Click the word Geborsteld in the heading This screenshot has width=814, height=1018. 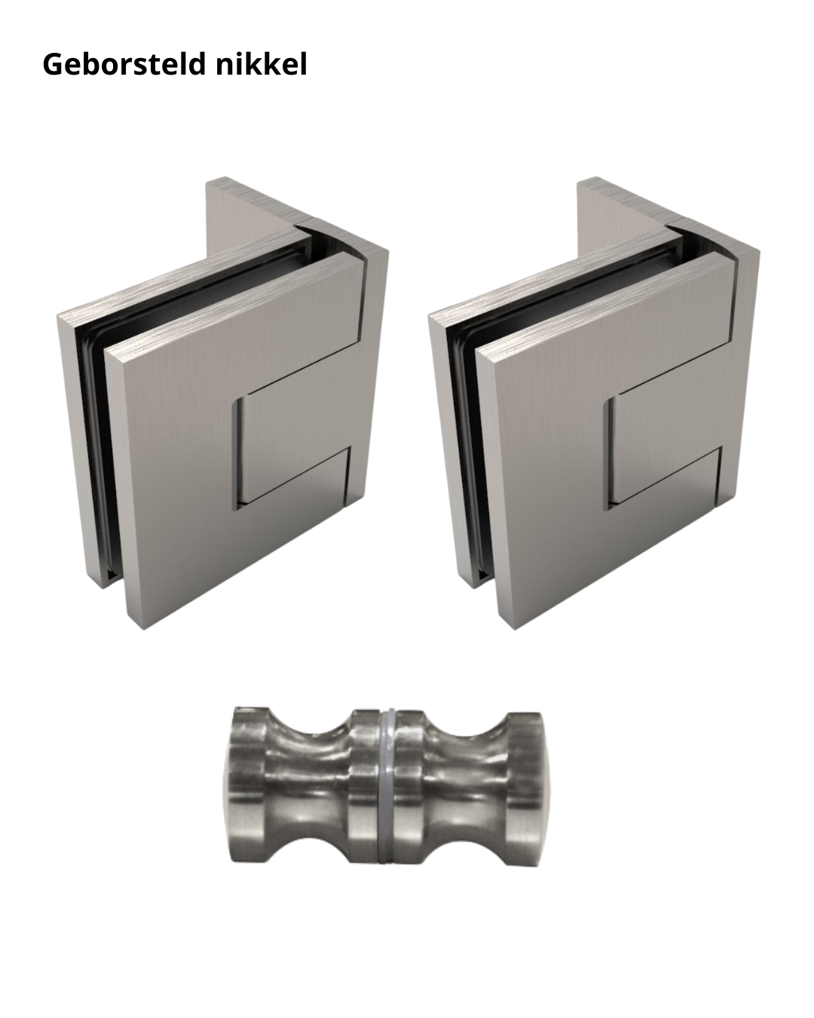click(125, 66)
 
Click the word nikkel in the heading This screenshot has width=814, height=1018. click(262, 65)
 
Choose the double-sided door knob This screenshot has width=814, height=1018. click(384, 784)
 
